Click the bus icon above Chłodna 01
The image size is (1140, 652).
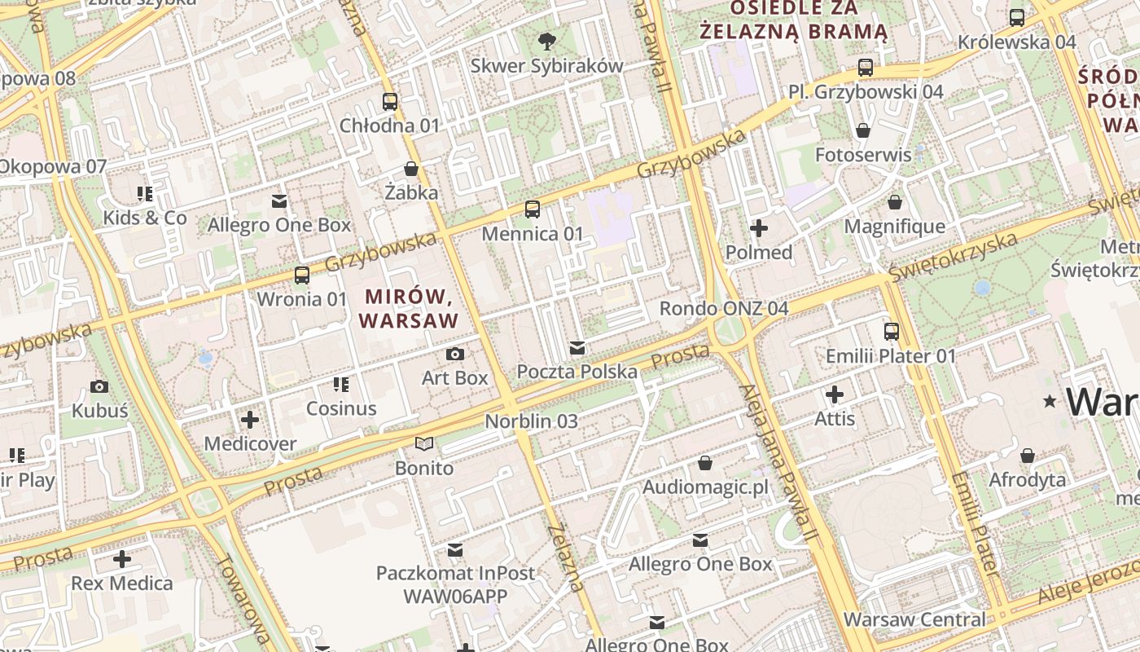[x=390, y=102]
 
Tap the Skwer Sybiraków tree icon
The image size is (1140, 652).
[x=547, y=41]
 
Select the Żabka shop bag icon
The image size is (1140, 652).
[x=411, y=170]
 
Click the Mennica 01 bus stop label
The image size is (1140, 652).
[x=533, y=234]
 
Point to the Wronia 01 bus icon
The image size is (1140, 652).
[x=302, y=275]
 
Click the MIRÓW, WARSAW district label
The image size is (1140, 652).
[x=409, y=308]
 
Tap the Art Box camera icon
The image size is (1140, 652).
[x=455, y=354]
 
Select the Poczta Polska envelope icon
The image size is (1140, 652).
[x=577, y=349]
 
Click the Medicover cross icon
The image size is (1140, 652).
[x=250, y=421]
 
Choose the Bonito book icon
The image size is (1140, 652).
[x=424, y=444]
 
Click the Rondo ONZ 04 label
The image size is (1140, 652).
[x=724, y=309]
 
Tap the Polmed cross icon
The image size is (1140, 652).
[x=759, y=228]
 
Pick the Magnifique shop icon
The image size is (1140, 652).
[x=895, y=202]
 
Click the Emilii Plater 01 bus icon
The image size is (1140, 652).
[x=892, y=332]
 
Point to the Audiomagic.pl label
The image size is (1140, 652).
[x=705, y=487]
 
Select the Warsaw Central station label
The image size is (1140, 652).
[x=914, y=619]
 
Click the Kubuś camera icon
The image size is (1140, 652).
[x=99, y=386]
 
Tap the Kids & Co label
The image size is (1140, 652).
[x=145, y=218]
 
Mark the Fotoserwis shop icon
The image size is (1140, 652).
[x=863, y=130]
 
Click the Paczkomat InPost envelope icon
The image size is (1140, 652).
[x=455, y=550]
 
